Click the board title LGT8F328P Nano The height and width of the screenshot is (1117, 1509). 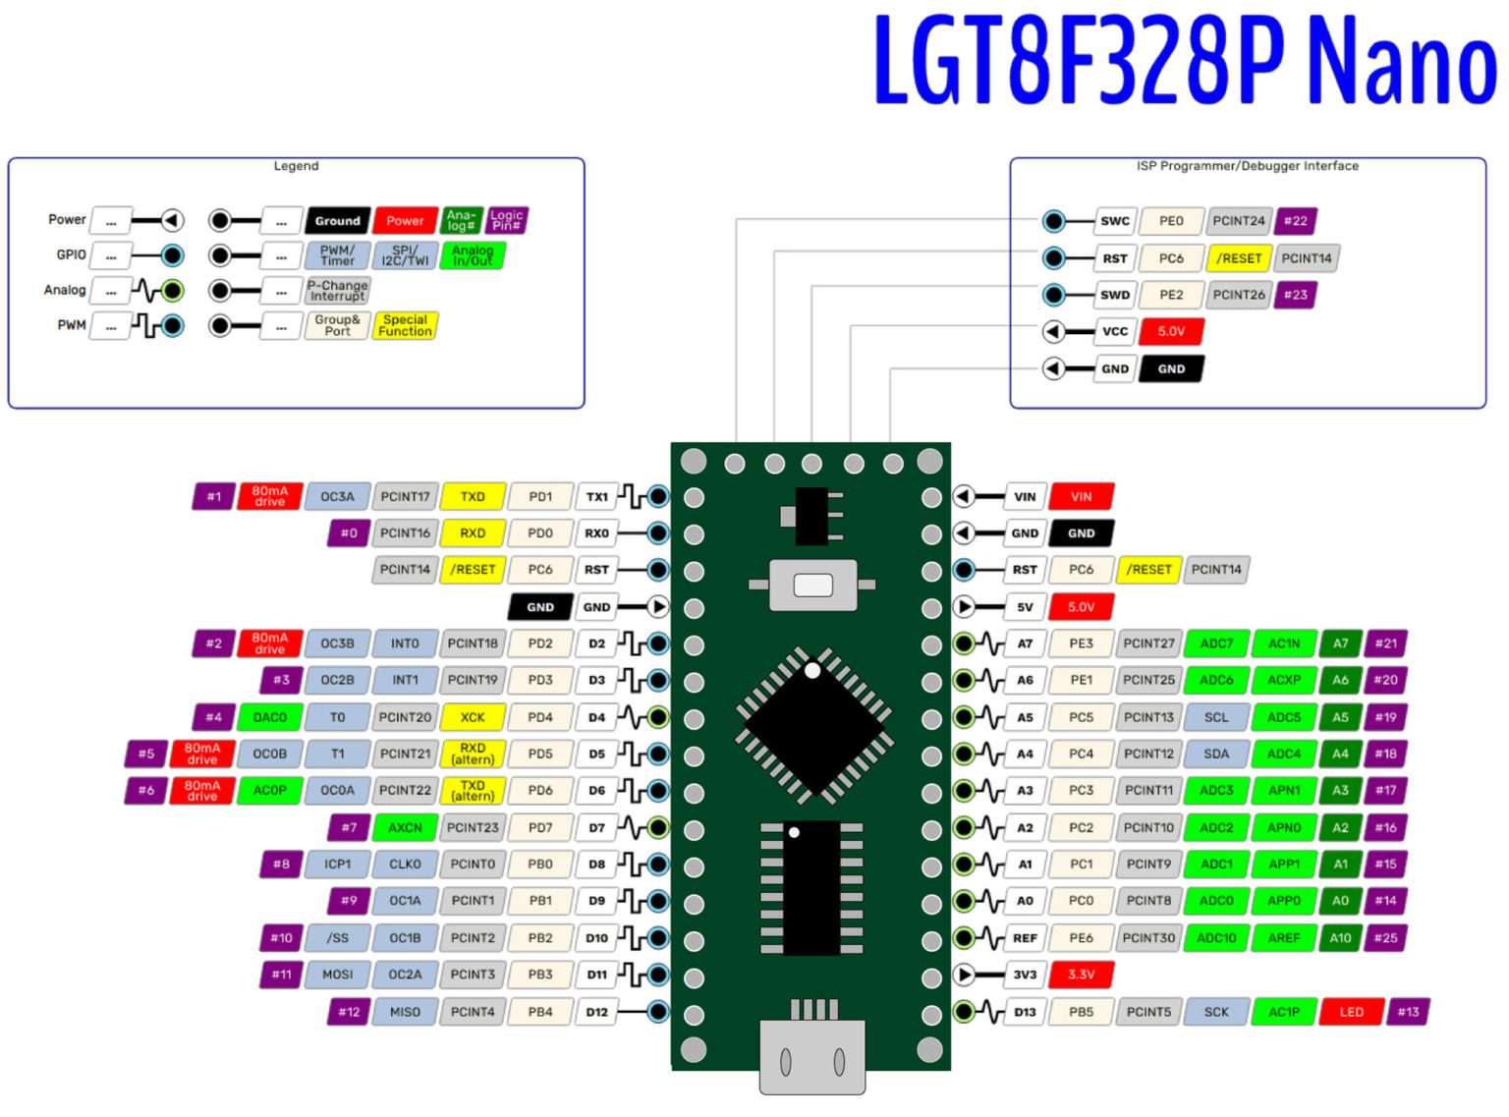pos(1185,59)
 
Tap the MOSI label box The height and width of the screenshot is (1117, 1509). pos(337,975)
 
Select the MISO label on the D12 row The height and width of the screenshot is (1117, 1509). pos(405,1012)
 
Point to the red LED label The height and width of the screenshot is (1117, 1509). pos(1351,1012)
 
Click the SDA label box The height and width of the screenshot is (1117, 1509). pos(1216,754)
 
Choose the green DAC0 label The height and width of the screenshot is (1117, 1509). pos(270,717)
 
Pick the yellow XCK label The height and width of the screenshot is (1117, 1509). pos(473,717)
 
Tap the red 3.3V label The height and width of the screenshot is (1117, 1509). pos(1081,975)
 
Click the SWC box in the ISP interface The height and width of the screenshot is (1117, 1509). pos(1115,221)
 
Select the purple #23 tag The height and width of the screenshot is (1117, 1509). pos(1296,295)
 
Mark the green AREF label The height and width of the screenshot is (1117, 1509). pos(1284,938)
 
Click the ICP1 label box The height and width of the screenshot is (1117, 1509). pos(337,865)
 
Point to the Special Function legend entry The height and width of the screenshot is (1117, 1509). pos(406,325)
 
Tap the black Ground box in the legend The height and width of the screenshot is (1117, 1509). pos(337,221)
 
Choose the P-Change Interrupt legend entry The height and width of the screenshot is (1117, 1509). pos(337,291)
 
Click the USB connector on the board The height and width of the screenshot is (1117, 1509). pos(812,1056)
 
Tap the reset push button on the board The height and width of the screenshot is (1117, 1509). pos(812,586)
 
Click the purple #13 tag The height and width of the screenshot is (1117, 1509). pos(1408,1012)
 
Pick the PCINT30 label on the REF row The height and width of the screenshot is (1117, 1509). pos(1148,938)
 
